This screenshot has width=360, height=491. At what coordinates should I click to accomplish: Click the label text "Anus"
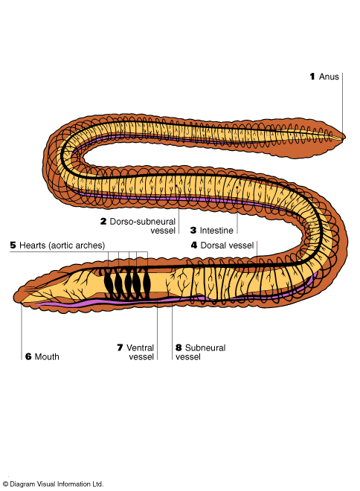[x=329, y=77]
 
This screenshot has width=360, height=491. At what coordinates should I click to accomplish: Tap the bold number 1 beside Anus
[x=312, y=77]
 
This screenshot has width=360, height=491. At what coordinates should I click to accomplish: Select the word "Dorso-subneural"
[x=142, y=222]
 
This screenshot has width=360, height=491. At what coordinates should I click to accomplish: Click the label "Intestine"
[x=216, y=231]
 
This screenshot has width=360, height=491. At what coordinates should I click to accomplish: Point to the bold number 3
[x=193, y=231]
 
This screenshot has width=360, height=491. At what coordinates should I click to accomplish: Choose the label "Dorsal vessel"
[x=227, y=245]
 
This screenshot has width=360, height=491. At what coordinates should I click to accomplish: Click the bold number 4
[x=194, y=245]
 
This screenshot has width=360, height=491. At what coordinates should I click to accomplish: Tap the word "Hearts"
[x=33, y=245]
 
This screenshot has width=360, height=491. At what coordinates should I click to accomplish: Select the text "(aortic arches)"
[x=77, y=245]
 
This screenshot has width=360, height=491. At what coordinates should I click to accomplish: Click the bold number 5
[x=13, y=245]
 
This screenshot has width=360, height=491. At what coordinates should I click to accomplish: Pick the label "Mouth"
[x=47, y=356]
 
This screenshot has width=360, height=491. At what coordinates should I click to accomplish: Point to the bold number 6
[x=28, y=356]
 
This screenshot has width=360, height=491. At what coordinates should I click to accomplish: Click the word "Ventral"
[x=140, y=348]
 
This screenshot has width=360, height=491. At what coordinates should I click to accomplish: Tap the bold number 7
[x=120, y=348]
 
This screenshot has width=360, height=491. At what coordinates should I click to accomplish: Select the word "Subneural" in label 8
[x=205, y=348]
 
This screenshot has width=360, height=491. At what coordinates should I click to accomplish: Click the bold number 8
[x=179, y=348]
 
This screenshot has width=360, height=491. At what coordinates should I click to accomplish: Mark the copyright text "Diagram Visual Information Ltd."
[x=57, y=484]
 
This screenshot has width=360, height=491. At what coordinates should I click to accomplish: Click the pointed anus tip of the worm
[x=344, y=137]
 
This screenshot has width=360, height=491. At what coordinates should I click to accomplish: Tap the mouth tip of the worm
[x=15, y=298]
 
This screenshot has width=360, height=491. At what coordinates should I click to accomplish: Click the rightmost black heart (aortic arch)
[x=146, y=283]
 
